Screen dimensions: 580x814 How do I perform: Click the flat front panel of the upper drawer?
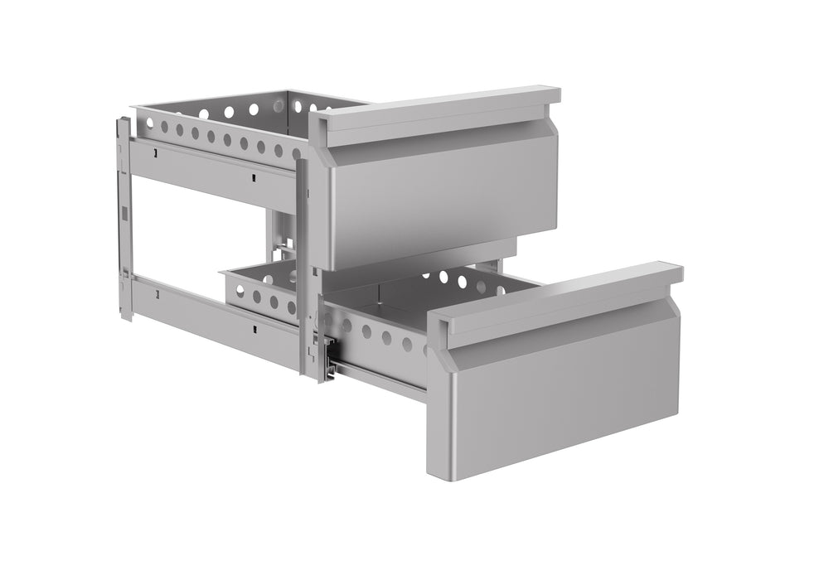[x=439, y=199]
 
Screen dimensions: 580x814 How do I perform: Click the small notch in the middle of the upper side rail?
[x=250, y=175]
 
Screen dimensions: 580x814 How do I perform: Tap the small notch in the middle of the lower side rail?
[x=254, y=328]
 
